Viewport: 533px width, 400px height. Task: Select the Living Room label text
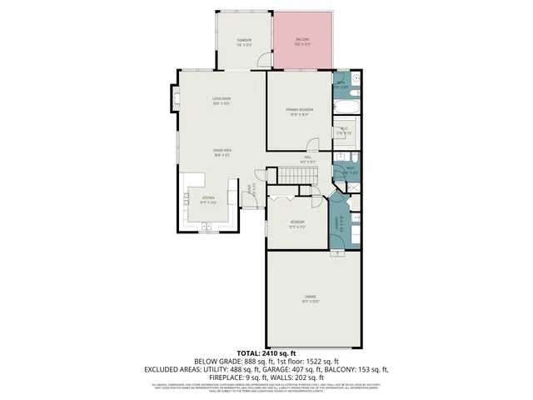click(221, 102)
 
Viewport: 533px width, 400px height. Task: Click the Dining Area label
click(221, 152)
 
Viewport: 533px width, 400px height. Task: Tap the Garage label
click(310, 297)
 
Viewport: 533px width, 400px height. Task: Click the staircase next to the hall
click(297, 175)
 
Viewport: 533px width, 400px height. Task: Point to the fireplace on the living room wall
click(176, 97)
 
